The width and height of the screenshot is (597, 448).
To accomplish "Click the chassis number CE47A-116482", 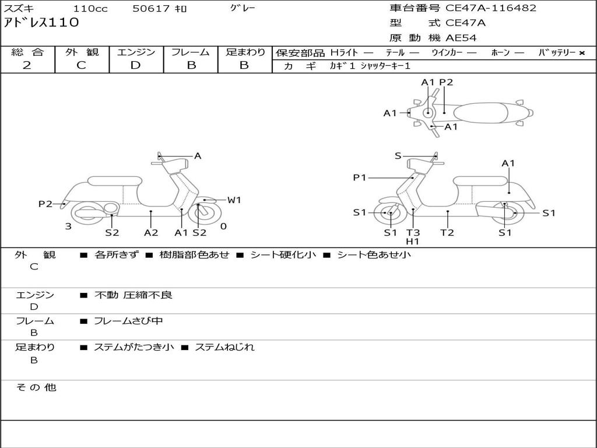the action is [491, 8].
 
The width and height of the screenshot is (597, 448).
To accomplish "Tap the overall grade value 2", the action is [27, 65].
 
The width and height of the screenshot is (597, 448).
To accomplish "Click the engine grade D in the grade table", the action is [135, 65].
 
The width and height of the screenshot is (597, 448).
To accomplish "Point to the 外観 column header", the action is [82, 52].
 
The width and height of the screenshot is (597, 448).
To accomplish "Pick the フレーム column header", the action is [191, 52].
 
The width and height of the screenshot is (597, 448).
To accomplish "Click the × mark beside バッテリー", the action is [582, 53].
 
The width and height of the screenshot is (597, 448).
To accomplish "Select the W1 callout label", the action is [234, 200].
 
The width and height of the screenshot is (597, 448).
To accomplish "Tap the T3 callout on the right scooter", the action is [413, 232].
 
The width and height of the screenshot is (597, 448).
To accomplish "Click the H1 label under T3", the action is [413, 242].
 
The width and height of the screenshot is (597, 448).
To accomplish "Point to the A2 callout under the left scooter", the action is [151, 232].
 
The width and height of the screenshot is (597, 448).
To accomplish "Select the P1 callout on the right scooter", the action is [359, 177].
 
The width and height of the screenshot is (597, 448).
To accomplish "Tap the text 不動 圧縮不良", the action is [134, 295].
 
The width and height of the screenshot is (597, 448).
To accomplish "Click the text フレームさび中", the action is [128, 321].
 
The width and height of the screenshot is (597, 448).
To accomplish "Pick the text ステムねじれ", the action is [224, 348].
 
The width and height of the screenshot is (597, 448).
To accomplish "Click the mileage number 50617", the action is [151, 8].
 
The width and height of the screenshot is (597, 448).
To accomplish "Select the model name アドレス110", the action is [41, 23].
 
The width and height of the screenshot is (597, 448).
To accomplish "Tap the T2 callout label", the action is [447, 232].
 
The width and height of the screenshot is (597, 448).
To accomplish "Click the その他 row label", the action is [36, 387].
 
